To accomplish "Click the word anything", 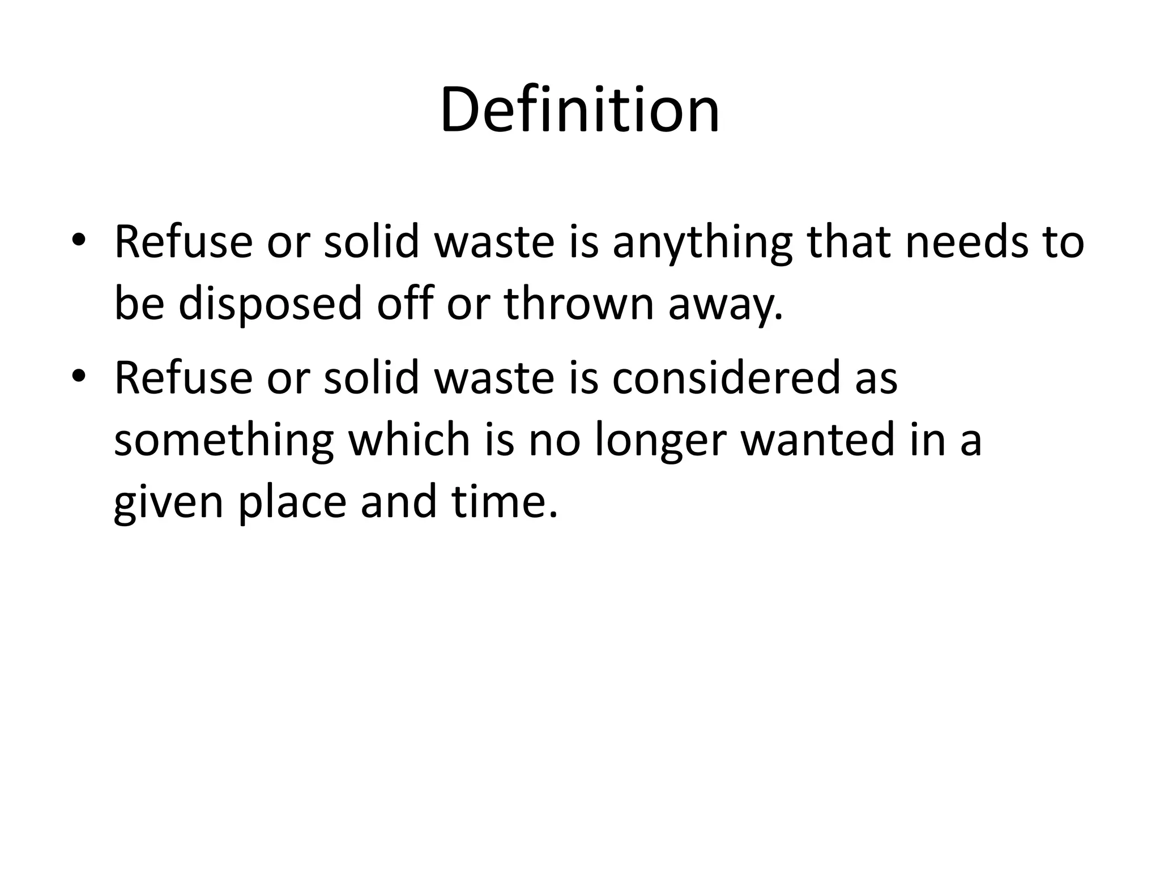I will (x=702, y=242).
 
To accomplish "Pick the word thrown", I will (x=578, y=302).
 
